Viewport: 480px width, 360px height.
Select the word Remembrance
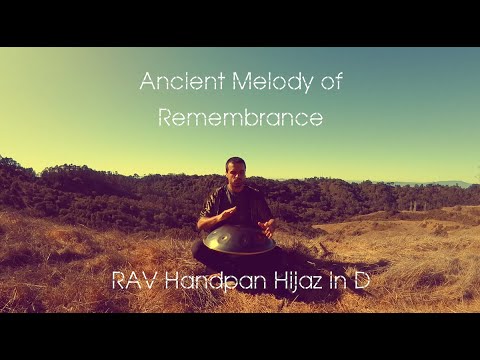[x=241, y=117]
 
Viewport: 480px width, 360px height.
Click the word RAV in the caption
[x=134, y=281]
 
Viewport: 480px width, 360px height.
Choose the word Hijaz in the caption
[x=297, y=281]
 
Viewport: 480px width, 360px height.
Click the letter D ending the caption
[x=361, y=281]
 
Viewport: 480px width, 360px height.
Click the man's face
[x=236, y=173]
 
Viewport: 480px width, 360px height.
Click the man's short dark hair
[x=236, y=161]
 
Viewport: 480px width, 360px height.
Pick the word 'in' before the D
[x=336, y=281]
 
